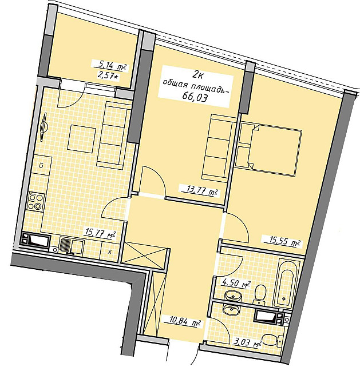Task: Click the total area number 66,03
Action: click(195, 98)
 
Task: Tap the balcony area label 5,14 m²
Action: click(110, 66)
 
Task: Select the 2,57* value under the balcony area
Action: click(108, 75)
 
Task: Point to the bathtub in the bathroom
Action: click(286, 282)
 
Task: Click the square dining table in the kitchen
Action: click(81, 138)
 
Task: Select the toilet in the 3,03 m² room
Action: click(273, 340)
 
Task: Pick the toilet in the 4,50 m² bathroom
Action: click(260, 294)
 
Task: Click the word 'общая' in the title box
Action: click(175, 84)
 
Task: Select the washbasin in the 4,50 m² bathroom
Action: click(233, 296)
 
